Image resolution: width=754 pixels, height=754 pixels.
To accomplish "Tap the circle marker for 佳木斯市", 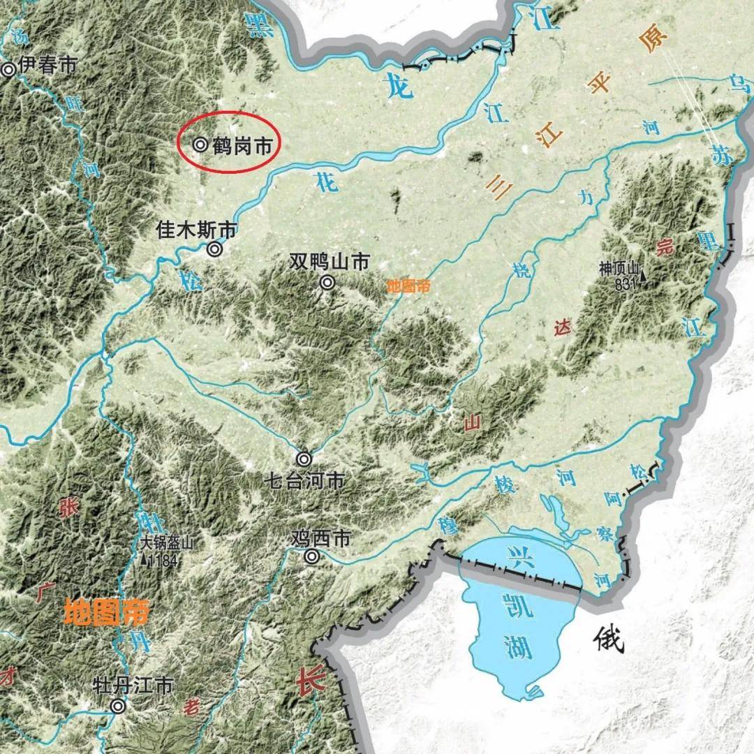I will (x=215, y=249).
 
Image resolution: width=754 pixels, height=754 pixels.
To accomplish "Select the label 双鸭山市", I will (x=330, y=262).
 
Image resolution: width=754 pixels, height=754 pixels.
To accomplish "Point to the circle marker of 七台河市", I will (x=304, y=459).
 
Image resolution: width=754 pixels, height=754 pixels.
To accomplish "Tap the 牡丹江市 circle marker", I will (x=119, y=707).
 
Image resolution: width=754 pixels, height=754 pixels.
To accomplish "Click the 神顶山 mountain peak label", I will (x=619, y=267).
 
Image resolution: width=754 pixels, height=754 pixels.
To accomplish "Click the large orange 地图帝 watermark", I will (x=105, y=612).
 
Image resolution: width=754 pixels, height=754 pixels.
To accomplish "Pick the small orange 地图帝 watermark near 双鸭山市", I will (x=410, y=286).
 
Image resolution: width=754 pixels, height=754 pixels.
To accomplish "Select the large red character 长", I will (x=309, y=680).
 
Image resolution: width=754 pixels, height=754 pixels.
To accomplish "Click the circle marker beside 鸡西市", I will (x=312, y=556).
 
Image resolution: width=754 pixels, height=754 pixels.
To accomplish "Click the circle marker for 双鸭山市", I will (x=327, y=283).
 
